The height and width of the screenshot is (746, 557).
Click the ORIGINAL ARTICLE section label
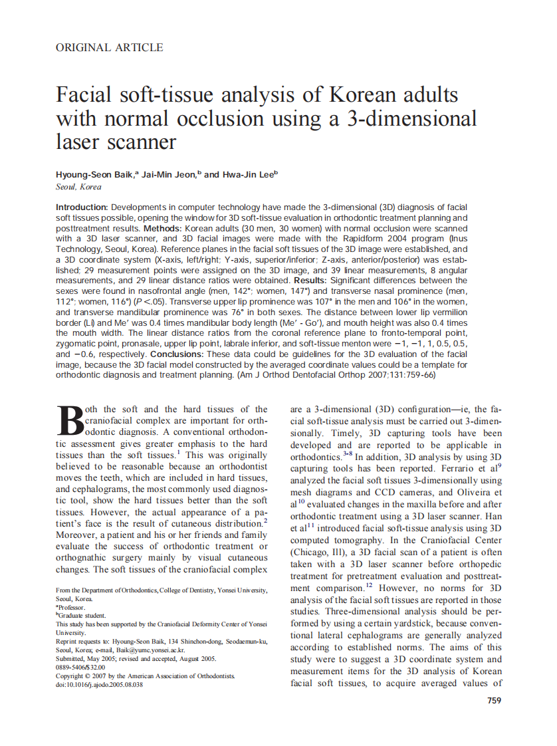(110, 47)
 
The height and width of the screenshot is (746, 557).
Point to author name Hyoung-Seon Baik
(95, 174)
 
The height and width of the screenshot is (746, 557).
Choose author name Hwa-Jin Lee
(248, 174)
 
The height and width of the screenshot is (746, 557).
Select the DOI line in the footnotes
(99, 684)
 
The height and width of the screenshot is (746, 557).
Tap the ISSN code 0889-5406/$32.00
(80, 667)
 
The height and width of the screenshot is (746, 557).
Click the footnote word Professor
(72, 607)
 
